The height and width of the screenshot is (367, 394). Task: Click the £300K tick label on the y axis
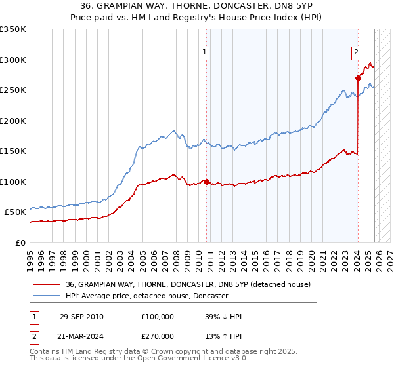point(13,60)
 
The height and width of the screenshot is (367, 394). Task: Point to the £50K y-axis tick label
point(15,212)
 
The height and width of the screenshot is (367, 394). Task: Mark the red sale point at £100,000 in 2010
point(206,182)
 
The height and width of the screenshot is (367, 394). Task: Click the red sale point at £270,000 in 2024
point(358,78)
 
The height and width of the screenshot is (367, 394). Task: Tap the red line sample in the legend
point(47,284)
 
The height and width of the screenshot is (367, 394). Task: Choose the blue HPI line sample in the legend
point(47,296)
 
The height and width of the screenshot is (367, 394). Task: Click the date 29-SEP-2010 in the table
point(81,317)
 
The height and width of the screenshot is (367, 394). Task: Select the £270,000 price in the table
point(158,338)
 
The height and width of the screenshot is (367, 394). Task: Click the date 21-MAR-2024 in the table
point(81,338)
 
